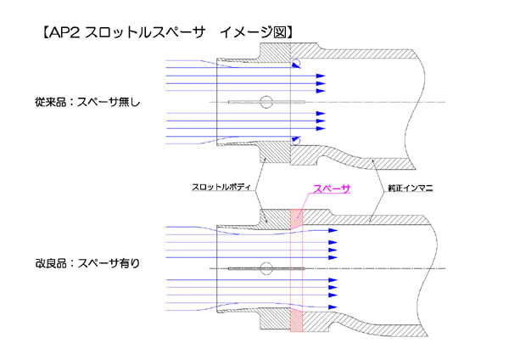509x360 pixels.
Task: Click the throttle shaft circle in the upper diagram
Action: tap(266, 102)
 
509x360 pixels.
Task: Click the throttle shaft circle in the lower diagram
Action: tap(266, 268)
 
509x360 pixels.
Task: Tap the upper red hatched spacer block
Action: tap(296, 218)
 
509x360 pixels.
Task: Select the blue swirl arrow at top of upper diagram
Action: tap(295, 65)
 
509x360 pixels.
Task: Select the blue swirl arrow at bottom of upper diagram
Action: tap(294, 138)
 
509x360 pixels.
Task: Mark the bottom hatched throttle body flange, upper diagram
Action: tap(276, 155)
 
